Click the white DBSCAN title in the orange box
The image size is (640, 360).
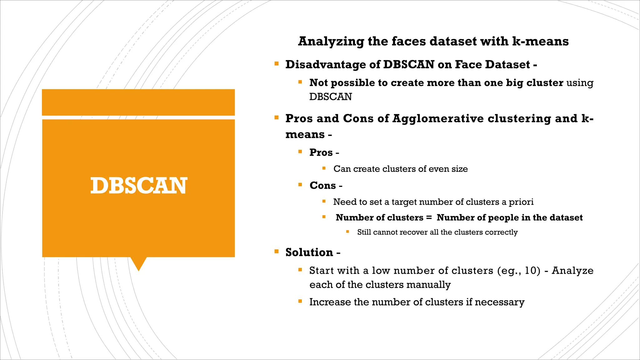click(x=139, y=186)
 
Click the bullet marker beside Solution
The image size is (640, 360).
click(x=276, y=252)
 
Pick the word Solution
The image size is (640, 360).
click(x=309, y=252)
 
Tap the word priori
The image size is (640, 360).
click(x=521, y=202)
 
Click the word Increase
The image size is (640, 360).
click(x=330, y=302)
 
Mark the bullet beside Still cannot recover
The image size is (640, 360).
click(x=347, y=232)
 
